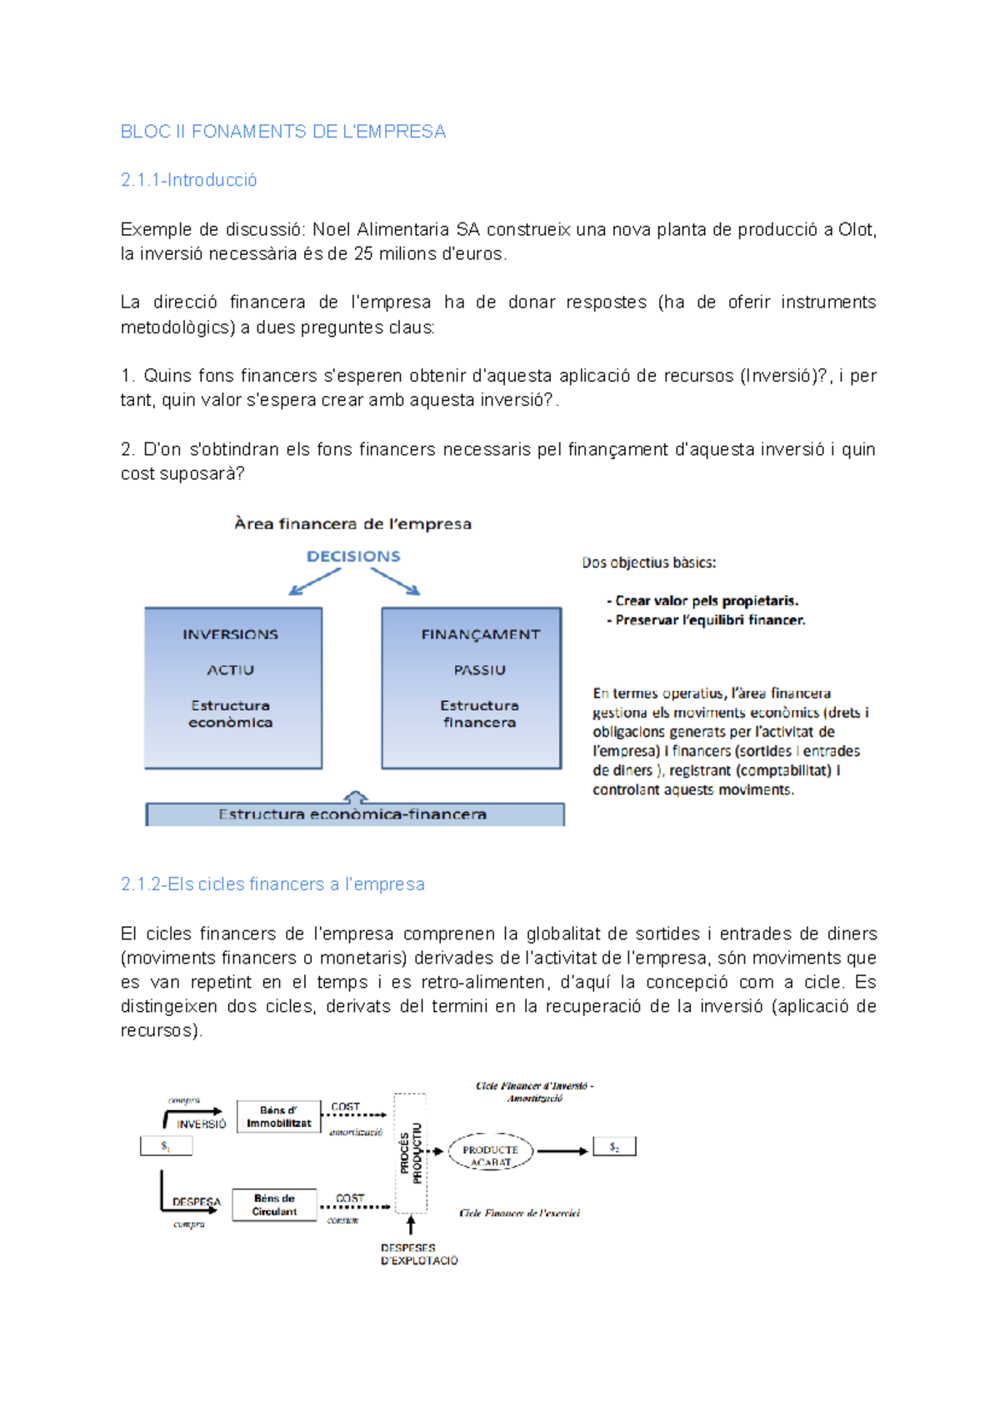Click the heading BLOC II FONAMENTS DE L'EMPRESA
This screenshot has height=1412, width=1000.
pyautogui.click(x=282, y=132)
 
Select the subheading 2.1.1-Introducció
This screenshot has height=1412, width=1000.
pyautogui.click(x=188, y=180)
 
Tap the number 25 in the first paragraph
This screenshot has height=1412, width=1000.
pyautogui.click(x=362, y=254)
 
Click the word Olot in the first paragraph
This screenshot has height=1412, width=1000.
pyautogui.click(x=856, y=230)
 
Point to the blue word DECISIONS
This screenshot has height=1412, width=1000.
pyautogui.click(x=353, y=556)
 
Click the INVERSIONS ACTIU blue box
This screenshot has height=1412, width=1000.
pyautogui.click(x=232, y=688)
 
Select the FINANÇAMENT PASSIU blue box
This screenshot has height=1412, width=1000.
pyautogui.click(x=472, y=688)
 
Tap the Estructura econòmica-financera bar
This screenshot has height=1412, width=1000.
pyautogui.click(x=354, y=814)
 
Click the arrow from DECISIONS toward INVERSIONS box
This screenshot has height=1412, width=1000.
pyautogui.click(x=314, y=582)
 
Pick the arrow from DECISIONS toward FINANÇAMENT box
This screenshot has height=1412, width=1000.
pyautogui.click(x=395, y=582)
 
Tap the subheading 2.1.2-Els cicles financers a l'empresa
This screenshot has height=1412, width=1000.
pyautogui.click(x=272, y=884)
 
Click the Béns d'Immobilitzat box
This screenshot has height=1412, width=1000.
pyautogui.click(x=278, y=1117)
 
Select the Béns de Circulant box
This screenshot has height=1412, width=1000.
pyautogui.click(x=274, y=1205)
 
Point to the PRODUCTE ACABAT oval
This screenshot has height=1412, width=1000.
pyautogui.click(x=490, y=1152)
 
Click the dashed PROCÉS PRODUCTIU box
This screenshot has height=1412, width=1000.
pyautogui.click(x=411, y=1153)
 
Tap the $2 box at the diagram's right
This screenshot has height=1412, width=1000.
pyautogui.click(x=614, y=1148)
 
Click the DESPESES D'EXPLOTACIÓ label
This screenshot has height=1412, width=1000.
pyautogui.click(x=419, y=1254)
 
